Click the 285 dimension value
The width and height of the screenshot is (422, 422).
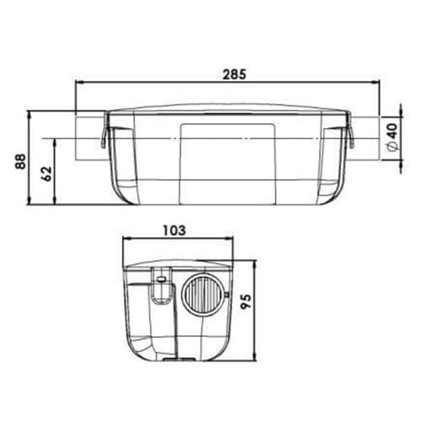235,74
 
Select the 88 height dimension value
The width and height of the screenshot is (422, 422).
20,161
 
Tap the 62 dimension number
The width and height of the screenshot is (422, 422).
46,174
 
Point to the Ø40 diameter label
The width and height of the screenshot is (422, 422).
392,138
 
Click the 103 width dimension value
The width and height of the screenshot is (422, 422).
175,230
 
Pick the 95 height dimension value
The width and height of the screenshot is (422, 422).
246,301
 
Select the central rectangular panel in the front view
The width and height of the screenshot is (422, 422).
228,164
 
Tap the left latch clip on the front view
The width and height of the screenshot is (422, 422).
105,130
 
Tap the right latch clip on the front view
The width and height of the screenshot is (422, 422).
350,130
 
